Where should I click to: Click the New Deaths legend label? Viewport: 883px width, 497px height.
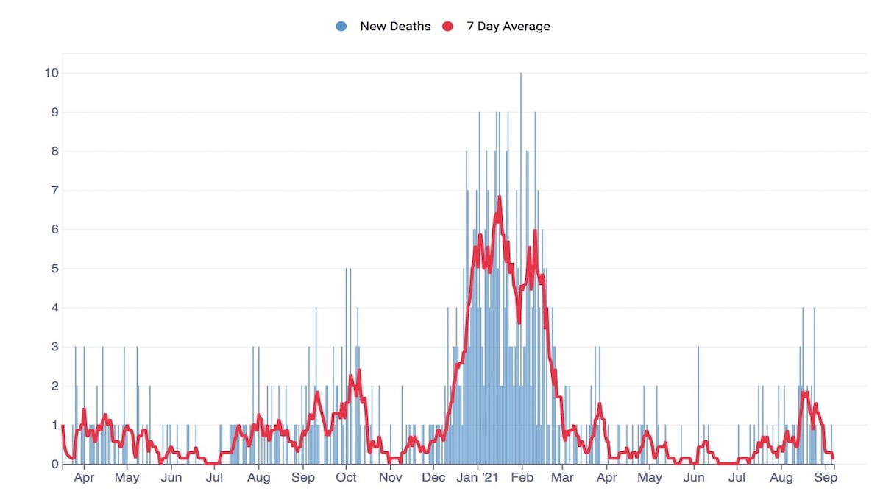tap(395, 27)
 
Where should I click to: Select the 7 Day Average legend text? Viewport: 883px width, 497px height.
tap(508, 27)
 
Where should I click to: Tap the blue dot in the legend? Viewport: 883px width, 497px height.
tap(341, 27)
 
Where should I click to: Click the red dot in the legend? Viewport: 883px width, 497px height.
tap(447, 27)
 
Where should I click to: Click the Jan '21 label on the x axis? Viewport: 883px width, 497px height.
tap(479, 478)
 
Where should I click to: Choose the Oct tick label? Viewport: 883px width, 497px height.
tap(346, 478)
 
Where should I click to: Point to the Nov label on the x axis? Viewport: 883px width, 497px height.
tap(390, 478)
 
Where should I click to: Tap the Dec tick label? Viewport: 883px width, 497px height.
tap(434, 478)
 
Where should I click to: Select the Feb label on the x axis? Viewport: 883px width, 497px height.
tap(522, 478)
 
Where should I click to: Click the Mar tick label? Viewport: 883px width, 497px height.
tap(562, 478)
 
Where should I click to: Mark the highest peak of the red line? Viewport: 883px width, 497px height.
tap(499, 197)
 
